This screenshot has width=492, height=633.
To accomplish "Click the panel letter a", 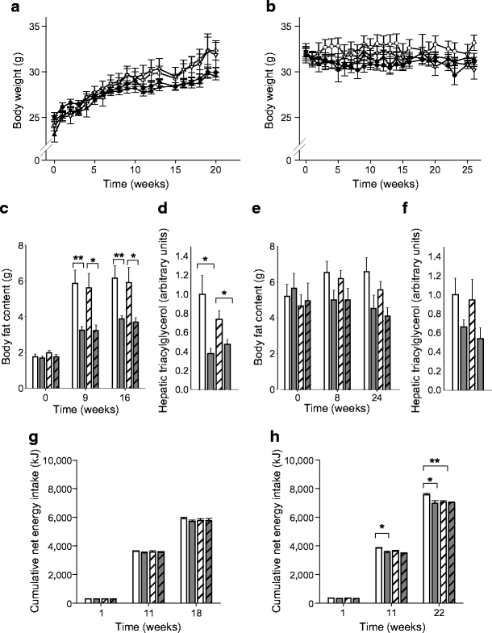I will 7,7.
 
